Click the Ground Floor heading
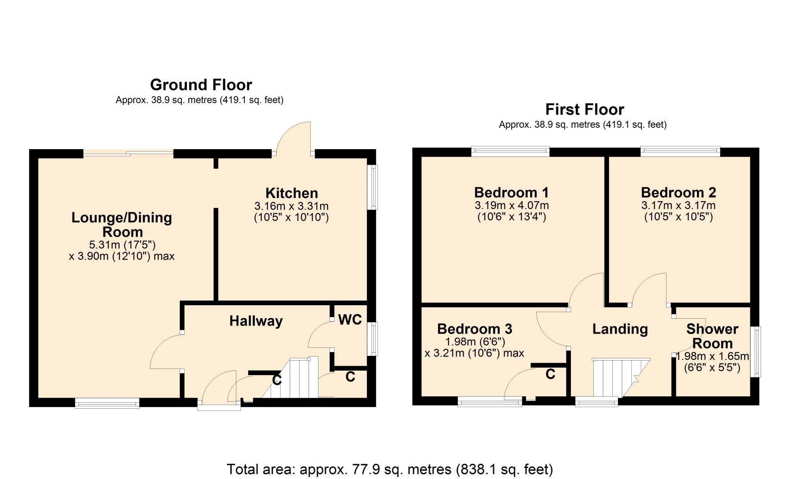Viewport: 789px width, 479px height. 201,85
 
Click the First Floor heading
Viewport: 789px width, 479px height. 584,109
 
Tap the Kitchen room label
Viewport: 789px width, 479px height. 292,193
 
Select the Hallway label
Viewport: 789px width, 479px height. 256,321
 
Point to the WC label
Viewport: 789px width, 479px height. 350,319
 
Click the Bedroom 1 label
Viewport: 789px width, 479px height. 512,192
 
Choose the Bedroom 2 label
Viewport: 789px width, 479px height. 678,192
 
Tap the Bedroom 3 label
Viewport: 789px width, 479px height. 475,329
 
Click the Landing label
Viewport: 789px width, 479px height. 620,329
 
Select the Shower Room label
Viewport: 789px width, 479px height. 712,336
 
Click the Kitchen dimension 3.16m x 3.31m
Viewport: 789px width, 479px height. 291,206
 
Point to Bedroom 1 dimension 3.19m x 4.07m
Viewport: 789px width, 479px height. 512,205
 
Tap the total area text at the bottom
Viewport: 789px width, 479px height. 390,469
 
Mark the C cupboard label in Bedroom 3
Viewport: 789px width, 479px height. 550,374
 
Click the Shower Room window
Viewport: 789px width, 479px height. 756,352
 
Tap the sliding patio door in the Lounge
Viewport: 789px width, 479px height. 128,154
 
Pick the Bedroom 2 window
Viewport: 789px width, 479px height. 681,151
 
